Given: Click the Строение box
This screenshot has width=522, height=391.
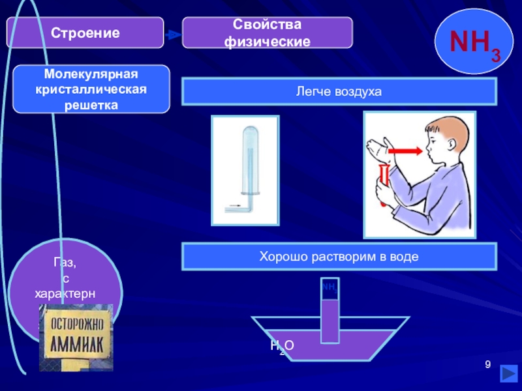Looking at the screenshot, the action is pos(85,33).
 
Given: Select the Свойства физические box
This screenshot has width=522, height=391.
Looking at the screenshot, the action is pos(267,33).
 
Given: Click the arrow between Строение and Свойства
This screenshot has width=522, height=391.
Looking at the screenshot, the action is pos(172,35).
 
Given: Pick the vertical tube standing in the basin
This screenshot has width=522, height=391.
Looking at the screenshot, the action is pos(330,313).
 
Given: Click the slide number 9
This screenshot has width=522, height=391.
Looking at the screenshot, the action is pos(487,364).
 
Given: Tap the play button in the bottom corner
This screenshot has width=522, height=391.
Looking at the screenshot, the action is pos(508,376).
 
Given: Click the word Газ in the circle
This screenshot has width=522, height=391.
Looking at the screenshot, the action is pos(65,263).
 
